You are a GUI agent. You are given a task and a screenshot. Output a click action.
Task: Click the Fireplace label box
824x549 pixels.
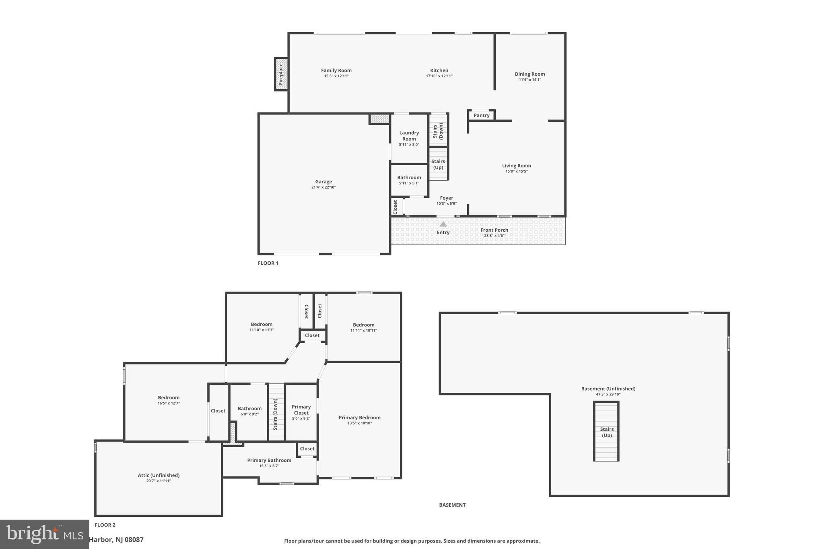281,74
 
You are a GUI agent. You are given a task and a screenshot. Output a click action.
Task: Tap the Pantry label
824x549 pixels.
481,115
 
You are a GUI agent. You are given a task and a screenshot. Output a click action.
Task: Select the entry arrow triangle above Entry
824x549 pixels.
443,224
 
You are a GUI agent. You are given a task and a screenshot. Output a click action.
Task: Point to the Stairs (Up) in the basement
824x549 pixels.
606,432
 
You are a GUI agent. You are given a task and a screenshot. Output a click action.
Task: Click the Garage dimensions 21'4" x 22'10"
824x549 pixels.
323,187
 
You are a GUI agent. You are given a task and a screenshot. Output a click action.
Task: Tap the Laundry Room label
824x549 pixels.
409,136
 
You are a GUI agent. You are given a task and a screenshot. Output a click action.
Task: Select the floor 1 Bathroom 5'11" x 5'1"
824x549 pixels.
409,180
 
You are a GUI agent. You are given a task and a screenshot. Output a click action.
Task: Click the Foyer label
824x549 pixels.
446,198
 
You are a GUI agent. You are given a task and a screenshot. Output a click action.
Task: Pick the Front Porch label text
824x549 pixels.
494,230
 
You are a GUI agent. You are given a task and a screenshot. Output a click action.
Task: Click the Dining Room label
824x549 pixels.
529,74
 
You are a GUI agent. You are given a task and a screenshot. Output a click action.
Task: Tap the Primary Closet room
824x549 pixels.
301,412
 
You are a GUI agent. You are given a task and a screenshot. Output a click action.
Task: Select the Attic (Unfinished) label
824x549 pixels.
159,475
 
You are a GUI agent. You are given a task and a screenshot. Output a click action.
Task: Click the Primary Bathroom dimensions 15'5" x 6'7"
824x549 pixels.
269,466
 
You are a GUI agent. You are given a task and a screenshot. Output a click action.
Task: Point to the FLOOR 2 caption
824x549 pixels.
105,525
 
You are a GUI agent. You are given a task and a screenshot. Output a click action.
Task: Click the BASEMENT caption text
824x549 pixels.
452,505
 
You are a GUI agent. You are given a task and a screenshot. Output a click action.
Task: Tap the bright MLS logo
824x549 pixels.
44,534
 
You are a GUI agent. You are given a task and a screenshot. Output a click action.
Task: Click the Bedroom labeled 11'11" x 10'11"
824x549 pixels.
363,327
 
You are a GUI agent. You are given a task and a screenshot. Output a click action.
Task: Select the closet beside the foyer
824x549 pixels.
396,207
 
